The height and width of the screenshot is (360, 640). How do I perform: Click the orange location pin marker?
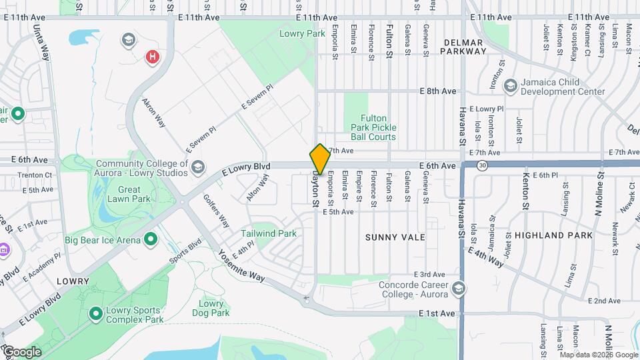pyautogui.click(x=320, y=159)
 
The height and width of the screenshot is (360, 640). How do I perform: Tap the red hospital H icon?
pyautogui.click(x=153, y=57)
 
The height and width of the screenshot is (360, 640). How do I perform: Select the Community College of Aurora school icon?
pyautogui.click(x=197, y=168)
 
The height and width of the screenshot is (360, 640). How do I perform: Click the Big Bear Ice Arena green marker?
pyautogui.click(x=151, y=239)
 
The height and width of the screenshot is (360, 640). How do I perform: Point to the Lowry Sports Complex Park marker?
pyautogui.click(x=95, y=313)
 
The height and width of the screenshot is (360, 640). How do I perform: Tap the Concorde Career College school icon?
pyautogui.click(x=457, y=289)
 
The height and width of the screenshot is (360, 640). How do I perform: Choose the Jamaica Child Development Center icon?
pyautogui.click(x=511, y=85)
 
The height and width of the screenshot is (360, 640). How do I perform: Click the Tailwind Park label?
pyautogui.click(x=269, y=234)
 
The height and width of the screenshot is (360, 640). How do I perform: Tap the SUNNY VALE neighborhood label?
pyautogui.click(x=395, y=237)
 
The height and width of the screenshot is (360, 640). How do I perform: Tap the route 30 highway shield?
pyautogui.click(x=483, y=165)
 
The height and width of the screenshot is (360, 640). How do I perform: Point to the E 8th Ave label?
pyautogui.click(x=437, y=91)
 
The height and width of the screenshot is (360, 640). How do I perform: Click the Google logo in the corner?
pyautogui.click(x=21, y=351)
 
